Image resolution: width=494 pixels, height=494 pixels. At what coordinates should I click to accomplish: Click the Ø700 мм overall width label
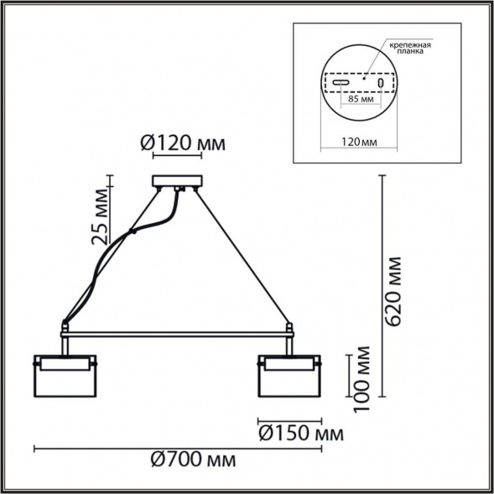(x=193, y=460)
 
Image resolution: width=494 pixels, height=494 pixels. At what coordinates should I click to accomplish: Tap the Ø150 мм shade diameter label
(x=301, y=434)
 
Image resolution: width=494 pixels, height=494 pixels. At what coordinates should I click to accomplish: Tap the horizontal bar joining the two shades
(x=177, y=332)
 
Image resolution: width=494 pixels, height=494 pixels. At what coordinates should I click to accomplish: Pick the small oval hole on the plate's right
(x=380, y=83)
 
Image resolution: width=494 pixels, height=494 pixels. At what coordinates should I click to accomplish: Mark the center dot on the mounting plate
(x=363, y=78)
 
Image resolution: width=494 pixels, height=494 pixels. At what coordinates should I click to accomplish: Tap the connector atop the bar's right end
(x=289, y=327)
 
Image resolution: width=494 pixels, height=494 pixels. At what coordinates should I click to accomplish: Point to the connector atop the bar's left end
(x=65, y=326)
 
